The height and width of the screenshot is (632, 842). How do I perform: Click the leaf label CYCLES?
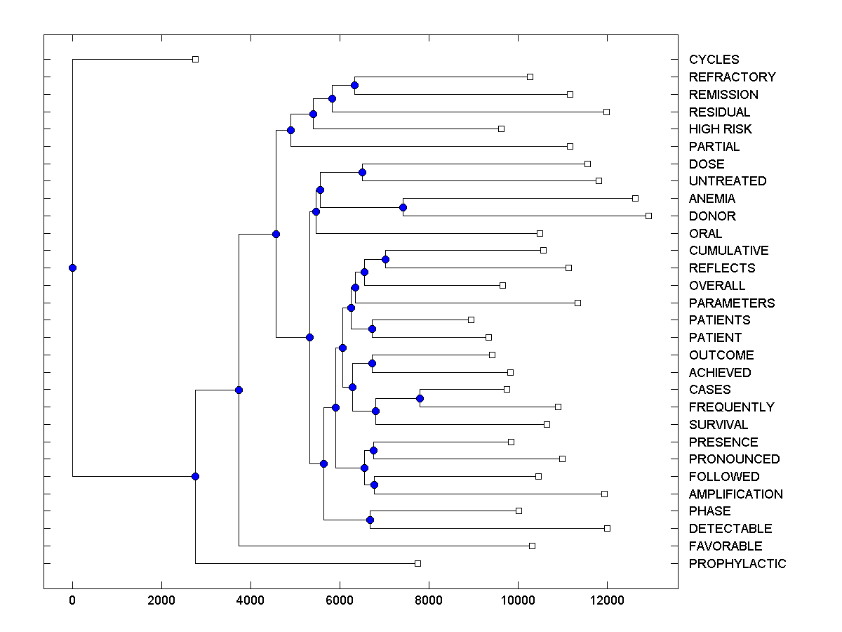[714, 60]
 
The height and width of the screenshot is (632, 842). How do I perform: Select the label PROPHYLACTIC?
[737, 563]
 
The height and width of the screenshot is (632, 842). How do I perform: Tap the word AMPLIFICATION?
[735, 494]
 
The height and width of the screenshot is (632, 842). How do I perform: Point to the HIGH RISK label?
[720, 129]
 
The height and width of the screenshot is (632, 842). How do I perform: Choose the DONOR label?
[712, 216]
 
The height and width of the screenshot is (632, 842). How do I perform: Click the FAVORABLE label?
[725, 546]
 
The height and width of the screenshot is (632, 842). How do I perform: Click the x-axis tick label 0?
[72, 598]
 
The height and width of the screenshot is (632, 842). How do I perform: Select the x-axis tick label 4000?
[250, 598]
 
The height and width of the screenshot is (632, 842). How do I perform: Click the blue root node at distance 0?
[72, 268]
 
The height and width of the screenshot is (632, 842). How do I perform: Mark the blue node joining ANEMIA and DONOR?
[403, 207]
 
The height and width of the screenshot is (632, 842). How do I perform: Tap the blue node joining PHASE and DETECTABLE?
[370, 520]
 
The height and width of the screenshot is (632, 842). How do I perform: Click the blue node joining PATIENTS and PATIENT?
[372, 329]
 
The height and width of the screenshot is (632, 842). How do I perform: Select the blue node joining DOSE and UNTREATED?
[362, 172]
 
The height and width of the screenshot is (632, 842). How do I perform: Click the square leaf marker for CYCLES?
[195, 59]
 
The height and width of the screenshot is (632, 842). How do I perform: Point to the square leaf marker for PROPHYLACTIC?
[417, 563]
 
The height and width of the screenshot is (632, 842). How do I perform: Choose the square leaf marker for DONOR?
[648, 216]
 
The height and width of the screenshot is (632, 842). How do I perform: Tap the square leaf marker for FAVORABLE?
[532, 546]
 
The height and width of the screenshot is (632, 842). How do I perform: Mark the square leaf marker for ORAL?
[540, 233]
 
